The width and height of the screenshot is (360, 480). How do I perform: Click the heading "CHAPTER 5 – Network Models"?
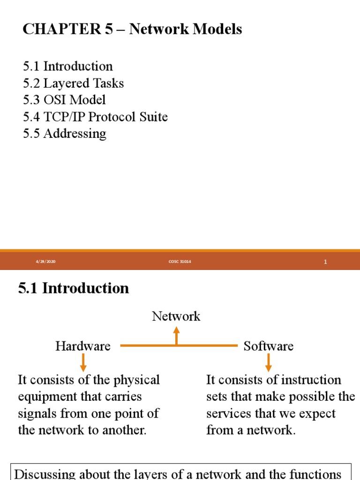(132, 30)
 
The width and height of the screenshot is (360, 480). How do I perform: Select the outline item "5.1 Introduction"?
(68, 66)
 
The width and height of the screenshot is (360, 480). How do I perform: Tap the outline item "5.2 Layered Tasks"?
(74, 83)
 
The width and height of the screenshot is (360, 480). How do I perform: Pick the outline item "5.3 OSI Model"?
(64, 100)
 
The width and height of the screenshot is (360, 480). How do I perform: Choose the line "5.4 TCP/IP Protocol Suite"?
(95, 117)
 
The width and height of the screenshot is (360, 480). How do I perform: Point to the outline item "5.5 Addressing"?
(65, 134)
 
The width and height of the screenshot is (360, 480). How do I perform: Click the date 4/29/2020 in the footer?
(45, 262)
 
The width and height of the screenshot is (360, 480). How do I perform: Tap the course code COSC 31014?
(180, 262)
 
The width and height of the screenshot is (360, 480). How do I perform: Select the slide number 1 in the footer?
(325, 262)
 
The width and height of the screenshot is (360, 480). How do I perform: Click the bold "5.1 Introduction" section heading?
(74, 288)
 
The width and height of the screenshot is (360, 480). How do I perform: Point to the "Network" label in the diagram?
(176, 316)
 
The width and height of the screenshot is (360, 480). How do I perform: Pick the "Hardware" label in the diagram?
(83, 346)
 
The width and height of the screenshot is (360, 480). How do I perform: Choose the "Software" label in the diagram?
(269, 346)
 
